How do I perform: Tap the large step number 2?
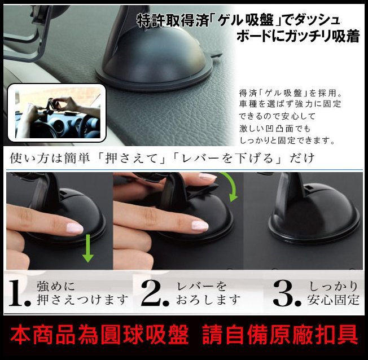coord(155,293)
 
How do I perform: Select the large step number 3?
coord(287,293)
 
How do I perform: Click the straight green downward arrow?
coord(88,248)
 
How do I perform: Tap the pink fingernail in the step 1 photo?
coord(75,228)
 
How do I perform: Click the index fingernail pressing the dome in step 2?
coord(200,226)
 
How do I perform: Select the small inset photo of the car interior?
coord(57,113)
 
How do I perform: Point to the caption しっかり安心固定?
coord(333,293)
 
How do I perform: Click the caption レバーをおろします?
coord(209,293)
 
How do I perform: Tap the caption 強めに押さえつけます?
coord(82,293)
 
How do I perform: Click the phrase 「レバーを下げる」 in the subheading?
coord(226,159)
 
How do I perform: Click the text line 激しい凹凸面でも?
coord(275,129)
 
